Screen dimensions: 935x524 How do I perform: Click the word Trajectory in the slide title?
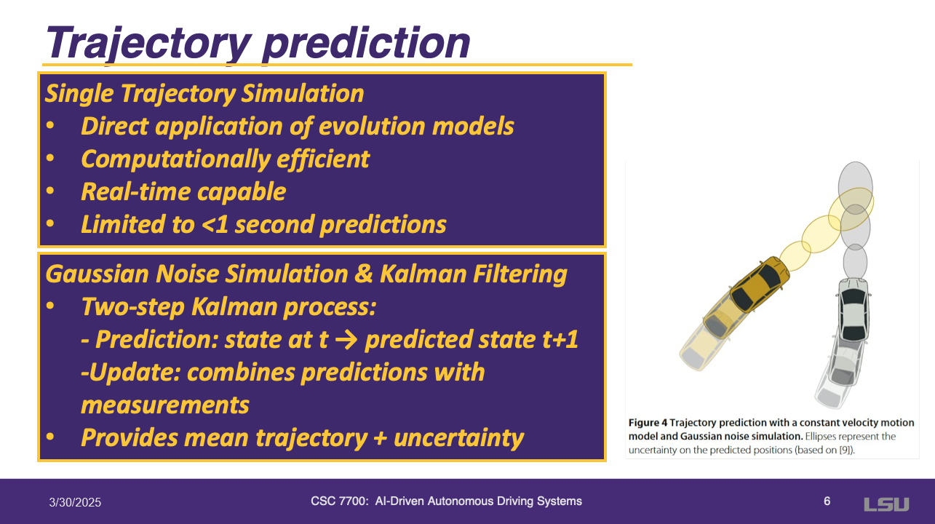click(148, 44)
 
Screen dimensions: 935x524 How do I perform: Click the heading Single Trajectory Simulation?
click(204, 93)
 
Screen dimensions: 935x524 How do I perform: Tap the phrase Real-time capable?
click(183, 191)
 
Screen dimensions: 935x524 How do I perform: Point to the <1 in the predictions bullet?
click(215, 225)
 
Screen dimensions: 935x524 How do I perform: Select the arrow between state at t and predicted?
click(346, 339)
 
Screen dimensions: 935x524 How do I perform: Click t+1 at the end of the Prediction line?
click(560, 339)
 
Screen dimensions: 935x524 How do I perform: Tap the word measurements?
click(165, 405)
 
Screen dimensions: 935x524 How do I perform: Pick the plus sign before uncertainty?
click(380, 438)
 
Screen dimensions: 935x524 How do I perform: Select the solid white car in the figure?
click(854, 310)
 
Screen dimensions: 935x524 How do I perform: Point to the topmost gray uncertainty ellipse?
click(855, 188)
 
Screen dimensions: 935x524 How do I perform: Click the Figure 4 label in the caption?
click(648, 423)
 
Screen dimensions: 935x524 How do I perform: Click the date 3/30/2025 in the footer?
click(75, 502)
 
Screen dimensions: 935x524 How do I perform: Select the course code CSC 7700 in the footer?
click(339, 501)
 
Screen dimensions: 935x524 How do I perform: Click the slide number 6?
click(827, 501)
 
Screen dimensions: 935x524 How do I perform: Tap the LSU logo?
click(886, 504)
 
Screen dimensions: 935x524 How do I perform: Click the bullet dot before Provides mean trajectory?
click(50, 437)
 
